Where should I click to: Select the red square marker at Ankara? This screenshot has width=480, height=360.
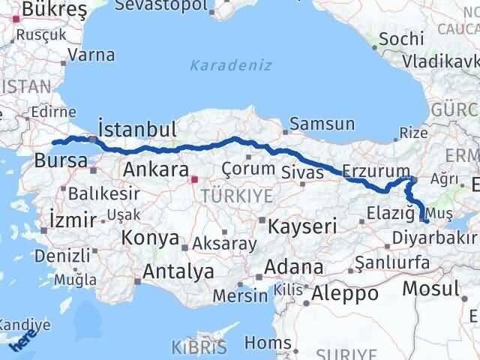[194, 179]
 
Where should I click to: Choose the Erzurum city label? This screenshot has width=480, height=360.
[376, 171]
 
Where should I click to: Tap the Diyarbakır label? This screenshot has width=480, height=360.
[434, 238]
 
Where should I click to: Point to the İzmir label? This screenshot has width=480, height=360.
[71, 220]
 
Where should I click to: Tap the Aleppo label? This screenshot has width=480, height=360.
[346, 293]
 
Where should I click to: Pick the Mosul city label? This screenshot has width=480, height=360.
[430, 287]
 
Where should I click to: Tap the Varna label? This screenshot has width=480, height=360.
[91, 55]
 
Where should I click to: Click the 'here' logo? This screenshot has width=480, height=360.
[24, 343]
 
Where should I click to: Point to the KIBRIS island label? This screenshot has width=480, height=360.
[199, 348]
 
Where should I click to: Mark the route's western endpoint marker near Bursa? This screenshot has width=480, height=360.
[53, 142]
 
